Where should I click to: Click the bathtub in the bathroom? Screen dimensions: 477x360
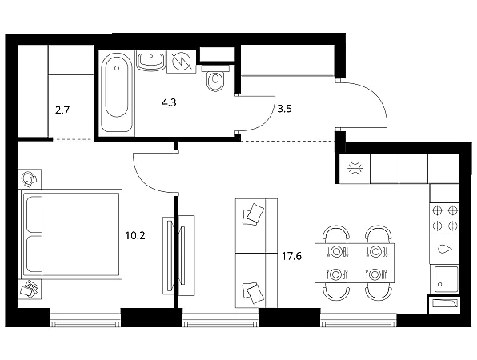tap(117, 93)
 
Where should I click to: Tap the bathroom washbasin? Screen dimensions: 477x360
tap(151, 61)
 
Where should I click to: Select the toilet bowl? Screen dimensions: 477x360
tap(215, 78)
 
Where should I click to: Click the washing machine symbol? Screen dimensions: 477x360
tap(182, 61)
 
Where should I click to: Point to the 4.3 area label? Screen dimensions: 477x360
tap(169, 102)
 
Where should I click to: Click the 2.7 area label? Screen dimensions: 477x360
tap(62, 110)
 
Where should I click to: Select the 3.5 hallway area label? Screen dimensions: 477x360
tap(284, 109)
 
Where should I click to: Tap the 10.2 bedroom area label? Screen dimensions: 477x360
tap(135, 235)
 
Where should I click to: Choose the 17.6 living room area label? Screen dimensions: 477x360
tap(291, 256)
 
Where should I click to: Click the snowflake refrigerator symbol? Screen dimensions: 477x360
tap(355, 169)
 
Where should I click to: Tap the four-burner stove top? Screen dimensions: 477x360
tap(445, 218)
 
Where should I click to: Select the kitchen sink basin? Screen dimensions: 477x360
tap(447, 279)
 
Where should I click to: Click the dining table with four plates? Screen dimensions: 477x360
tap(355, 263)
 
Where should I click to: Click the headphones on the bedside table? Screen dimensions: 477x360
tap(29, 179)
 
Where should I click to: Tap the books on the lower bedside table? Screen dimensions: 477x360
tap(30, 289)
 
